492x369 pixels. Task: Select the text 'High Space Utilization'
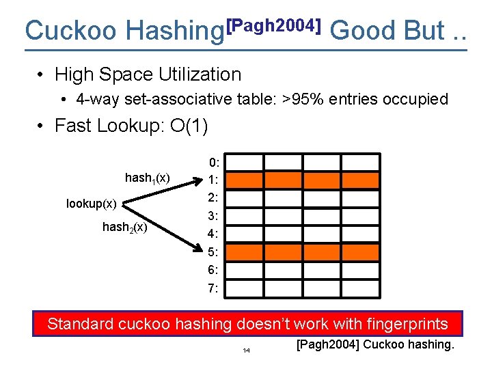(x=148, y=74)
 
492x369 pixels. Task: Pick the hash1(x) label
(x=148, y=178)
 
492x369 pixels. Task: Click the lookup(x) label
(x=92, y=203)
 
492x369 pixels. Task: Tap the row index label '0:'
(x=214, y=163)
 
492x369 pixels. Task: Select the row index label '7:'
(x=214, y=288)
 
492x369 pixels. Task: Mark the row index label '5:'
(x=214, y=252)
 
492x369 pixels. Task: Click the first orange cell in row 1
(x=243, y=180)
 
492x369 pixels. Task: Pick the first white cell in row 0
(x=243, y=163)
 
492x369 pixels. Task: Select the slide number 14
(x=246, y=351)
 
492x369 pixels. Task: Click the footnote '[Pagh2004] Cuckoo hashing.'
(x=375, y=344)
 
